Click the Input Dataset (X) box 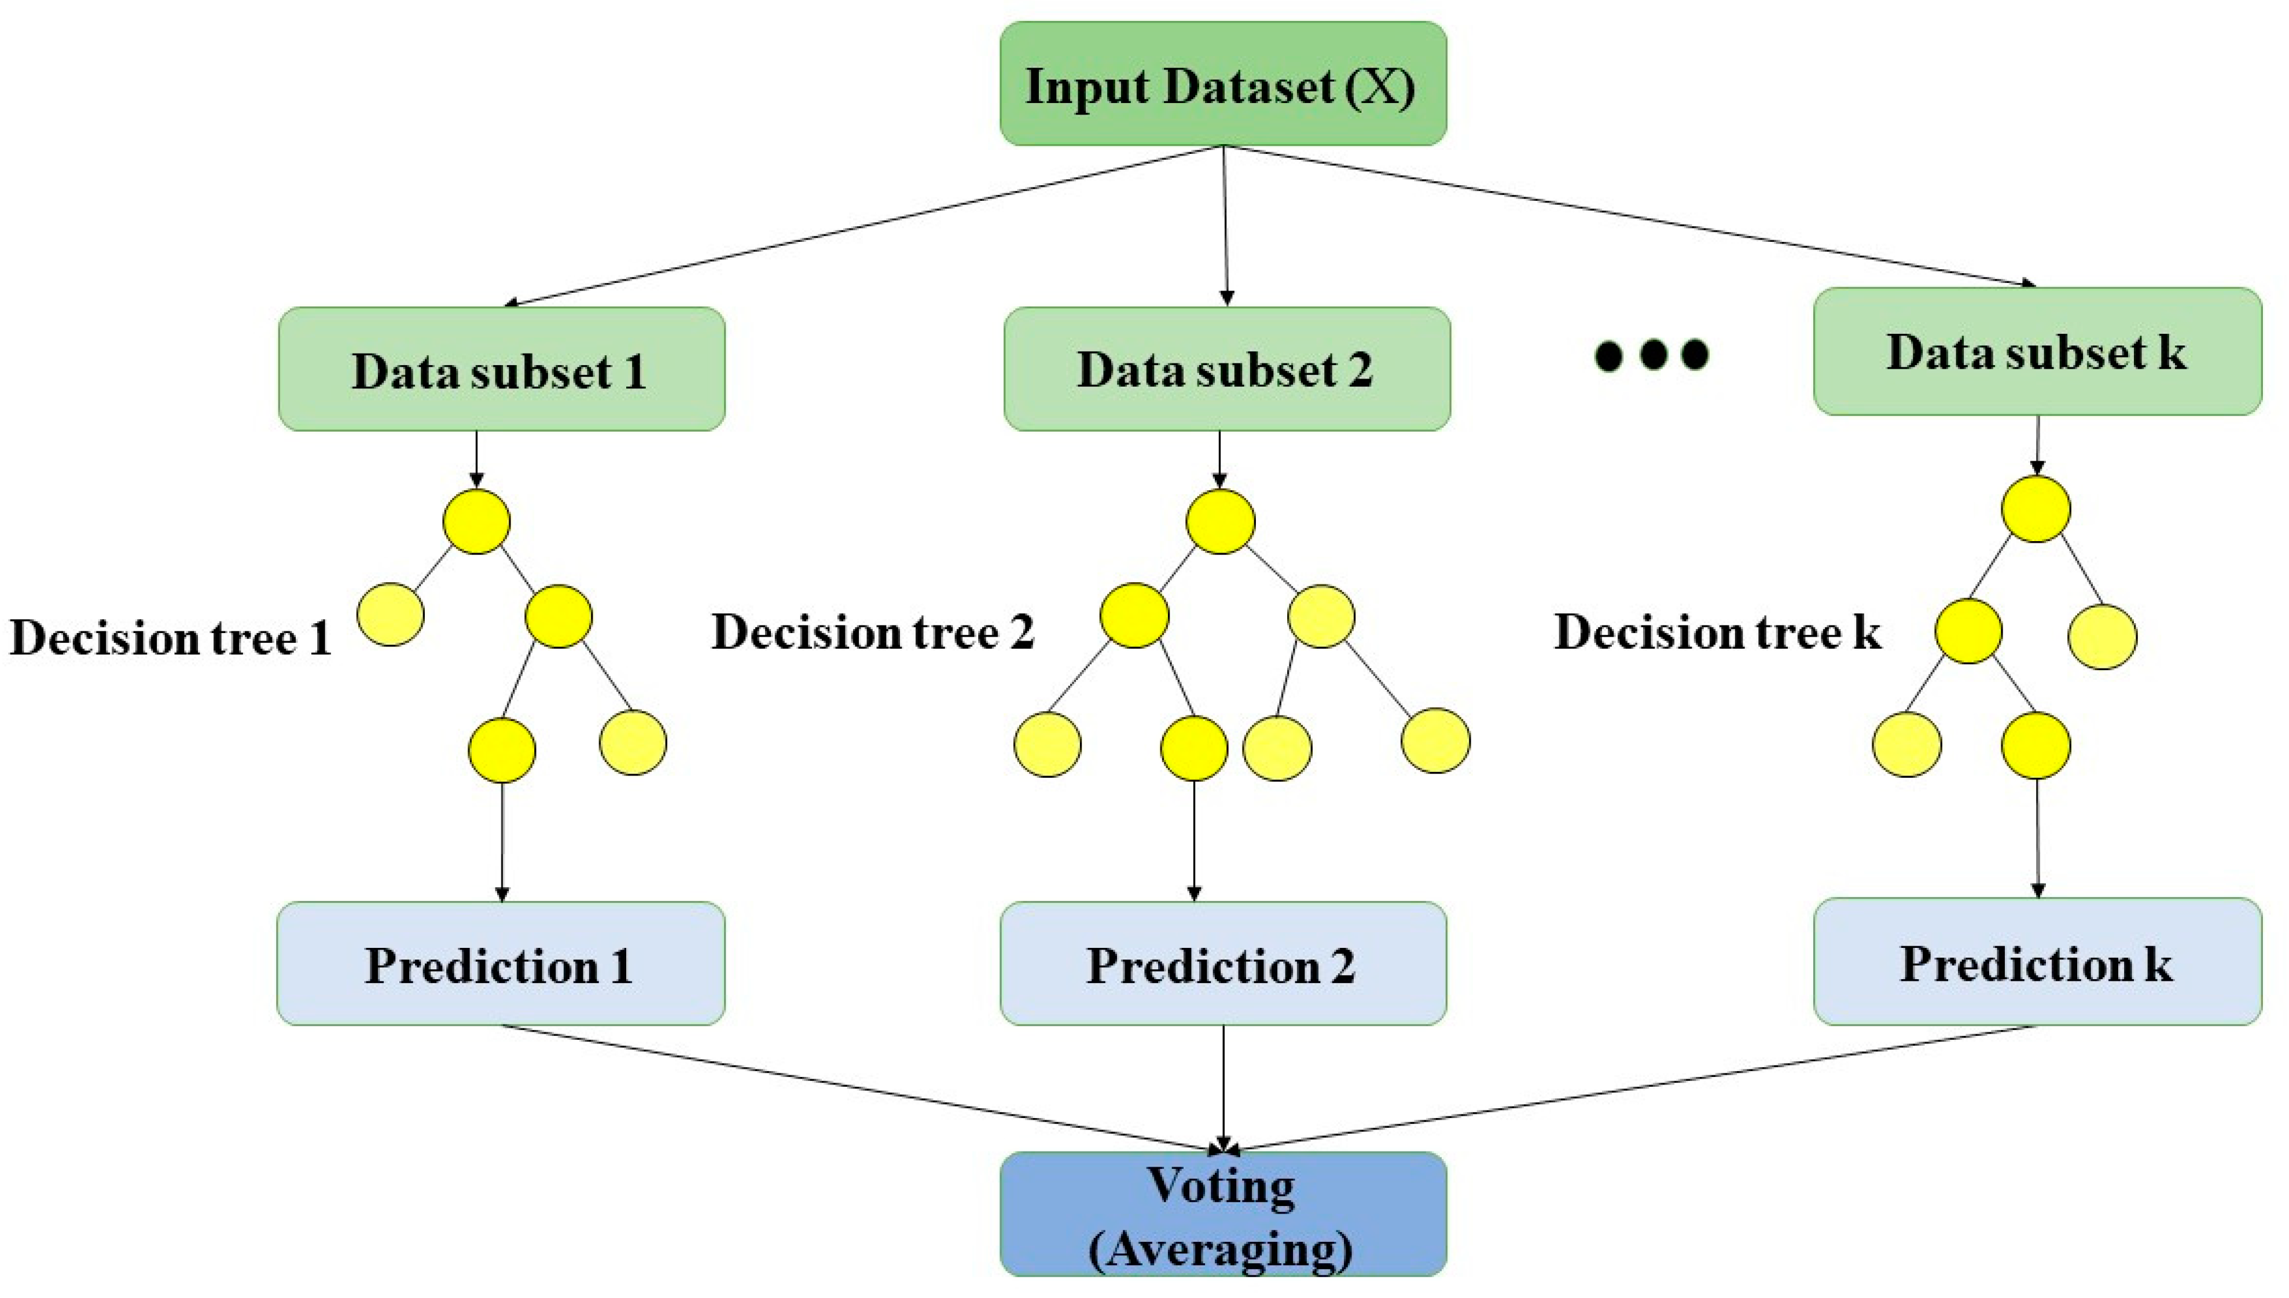coord(1222,84)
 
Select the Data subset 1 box coord(501,369)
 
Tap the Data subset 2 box coord(1226,369)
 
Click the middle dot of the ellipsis coord(1652,354)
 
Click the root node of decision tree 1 coord(476,521)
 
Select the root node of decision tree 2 coord(1219,521)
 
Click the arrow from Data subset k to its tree coord(2037,444)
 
